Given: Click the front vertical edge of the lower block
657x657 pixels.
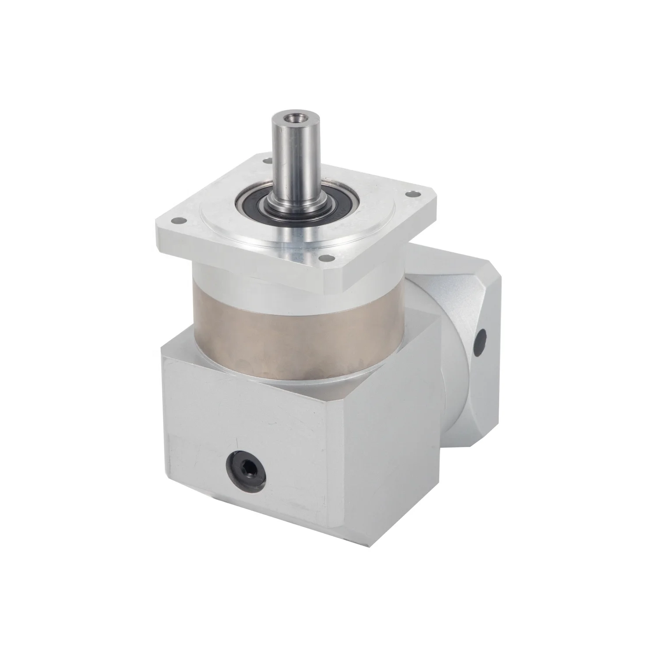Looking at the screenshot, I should pos(329,460).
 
